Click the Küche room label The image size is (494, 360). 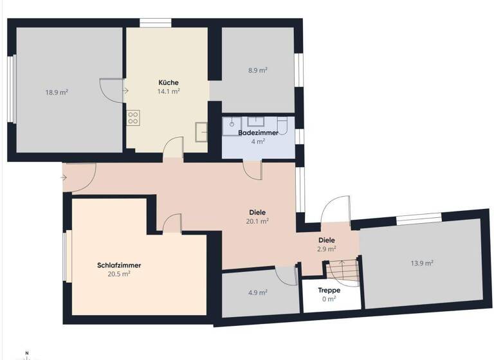(169, 82)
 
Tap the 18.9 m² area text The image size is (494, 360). (57, 92)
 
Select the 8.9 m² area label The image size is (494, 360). (257, 71)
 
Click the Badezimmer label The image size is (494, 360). (258, 132)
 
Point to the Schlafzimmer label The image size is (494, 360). (119, 265)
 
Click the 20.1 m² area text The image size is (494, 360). (258, 221)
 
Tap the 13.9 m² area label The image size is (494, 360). (421, 263)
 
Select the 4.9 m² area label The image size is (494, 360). (257, 292)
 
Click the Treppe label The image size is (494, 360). (330, 290)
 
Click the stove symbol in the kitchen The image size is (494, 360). (134, 117)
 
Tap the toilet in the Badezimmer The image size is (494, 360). (281, 124)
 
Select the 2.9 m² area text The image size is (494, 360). (327, 248)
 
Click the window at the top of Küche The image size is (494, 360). (155, 23)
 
